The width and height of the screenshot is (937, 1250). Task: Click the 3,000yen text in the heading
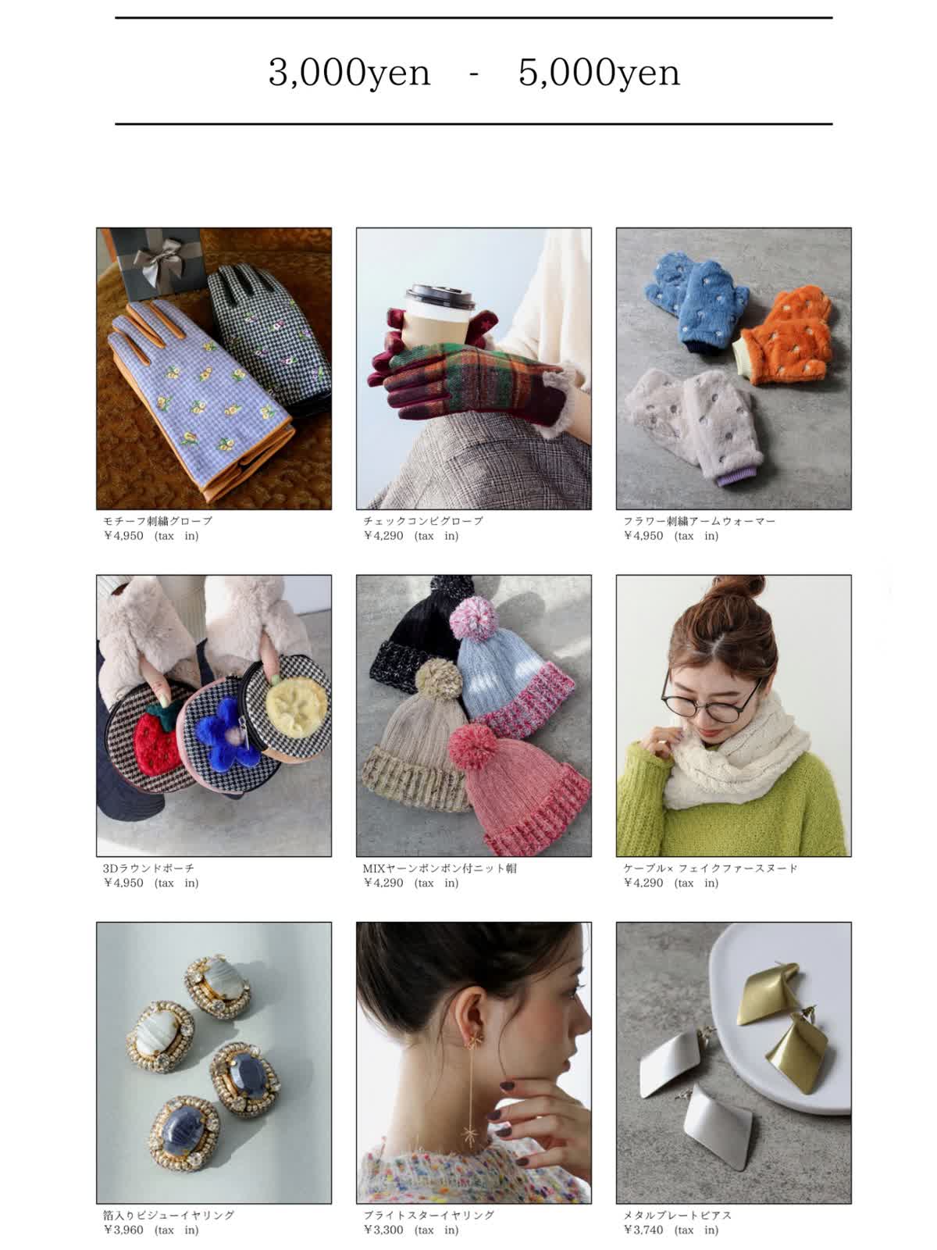349,73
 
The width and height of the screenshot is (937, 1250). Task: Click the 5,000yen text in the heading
598,73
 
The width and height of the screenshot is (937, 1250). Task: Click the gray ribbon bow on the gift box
160,259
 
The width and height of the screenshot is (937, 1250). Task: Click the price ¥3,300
383,1230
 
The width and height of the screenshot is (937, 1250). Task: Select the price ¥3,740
643,1230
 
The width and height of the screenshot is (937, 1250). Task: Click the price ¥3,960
123,1230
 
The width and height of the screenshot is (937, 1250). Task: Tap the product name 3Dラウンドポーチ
148,868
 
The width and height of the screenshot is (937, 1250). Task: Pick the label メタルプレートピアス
676,1215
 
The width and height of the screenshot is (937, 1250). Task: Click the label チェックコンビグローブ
422,520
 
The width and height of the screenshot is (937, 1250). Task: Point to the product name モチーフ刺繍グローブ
158,520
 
